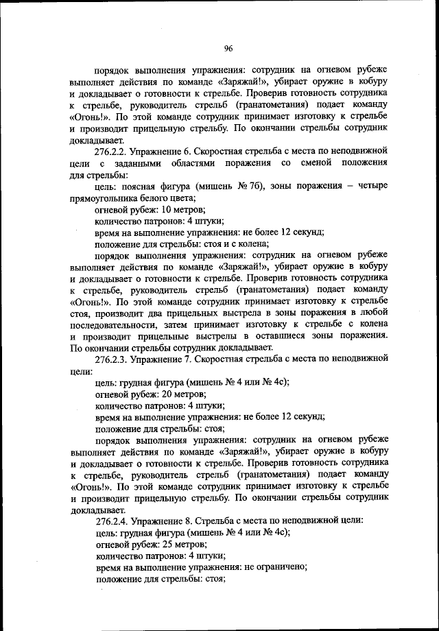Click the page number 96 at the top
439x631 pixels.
click(228, 47)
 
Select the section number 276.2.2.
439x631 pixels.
click(114, 150)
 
